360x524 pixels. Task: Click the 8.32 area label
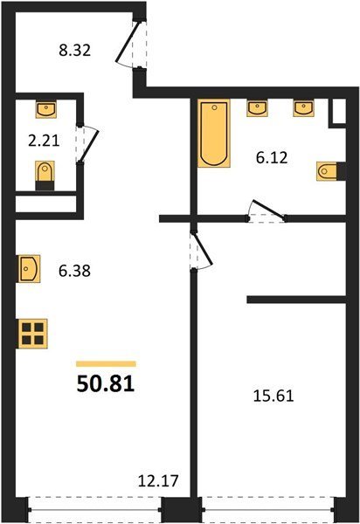click(75, 51)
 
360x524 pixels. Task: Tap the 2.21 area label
click(44, 141)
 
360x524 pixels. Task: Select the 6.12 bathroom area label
click(272, 158)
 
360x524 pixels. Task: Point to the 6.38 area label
click(74, 271)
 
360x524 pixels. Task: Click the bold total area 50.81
click(106, 383)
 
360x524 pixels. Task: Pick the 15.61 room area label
click(273, 396)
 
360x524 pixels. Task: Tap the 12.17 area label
click(158, 481)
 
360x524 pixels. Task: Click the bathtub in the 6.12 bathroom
click(214, 133)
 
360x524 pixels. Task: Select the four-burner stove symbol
click(32, 334)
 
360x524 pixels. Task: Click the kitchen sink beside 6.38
click(30, 269)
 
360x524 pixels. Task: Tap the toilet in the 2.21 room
click(45, 176)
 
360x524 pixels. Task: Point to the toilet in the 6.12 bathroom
click(331, 171)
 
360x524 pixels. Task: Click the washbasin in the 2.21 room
click(45, 110)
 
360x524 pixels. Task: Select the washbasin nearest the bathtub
click(257, 108)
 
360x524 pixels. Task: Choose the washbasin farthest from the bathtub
click(304, 108)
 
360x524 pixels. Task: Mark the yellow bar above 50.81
click(106, 364)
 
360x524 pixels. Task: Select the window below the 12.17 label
click(94, 510)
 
